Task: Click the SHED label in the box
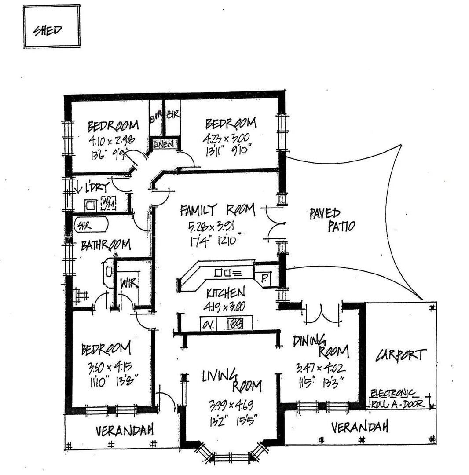point(48,30)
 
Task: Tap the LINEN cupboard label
point(165,144)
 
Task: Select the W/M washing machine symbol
point(108,203)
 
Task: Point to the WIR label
point(127,284)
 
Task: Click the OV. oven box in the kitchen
point(208,324)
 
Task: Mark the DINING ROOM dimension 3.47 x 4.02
point(320,367)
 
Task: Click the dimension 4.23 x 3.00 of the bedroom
point(229,139)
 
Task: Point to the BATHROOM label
point(106,245)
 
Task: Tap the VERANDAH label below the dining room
point(360,427)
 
